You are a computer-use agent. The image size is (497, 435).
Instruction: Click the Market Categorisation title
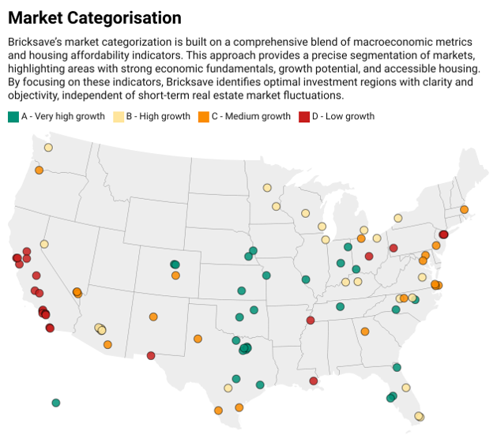click(94, 17)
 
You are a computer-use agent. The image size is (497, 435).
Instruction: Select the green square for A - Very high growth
click(13, 116)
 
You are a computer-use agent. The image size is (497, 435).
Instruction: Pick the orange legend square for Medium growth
click(203, 116)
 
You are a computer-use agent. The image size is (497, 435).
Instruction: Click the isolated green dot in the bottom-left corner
click(56, 403)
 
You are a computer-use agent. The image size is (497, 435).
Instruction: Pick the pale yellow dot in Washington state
click(48, 148)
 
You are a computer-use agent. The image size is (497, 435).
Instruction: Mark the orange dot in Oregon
click(39, 170)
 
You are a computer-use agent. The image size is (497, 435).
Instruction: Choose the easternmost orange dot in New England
click(464, 209)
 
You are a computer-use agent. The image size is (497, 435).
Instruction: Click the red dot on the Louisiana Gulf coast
click(314, 381)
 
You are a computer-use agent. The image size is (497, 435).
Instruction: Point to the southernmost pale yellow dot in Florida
click(419, 416)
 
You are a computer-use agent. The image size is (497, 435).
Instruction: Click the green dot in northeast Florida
click(397, 367)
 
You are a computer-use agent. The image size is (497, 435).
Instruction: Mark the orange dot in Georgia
click(364, 332)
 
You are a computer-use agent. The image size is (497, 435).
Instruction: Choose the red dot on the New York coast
click(443, 234)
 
